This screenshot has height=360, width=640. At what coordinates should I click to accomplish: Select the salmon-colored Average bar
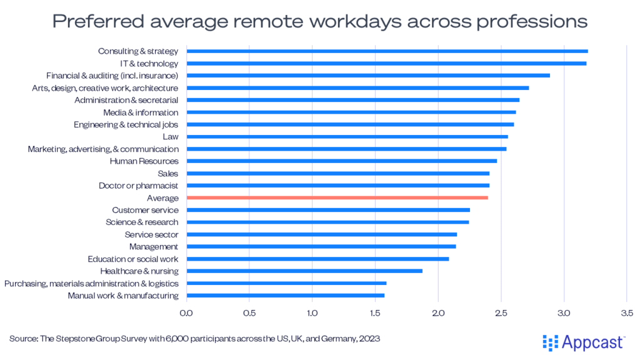pos(337,197)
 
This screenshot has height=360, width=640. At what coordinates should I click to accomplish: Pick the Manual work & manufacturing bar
pos(285,296)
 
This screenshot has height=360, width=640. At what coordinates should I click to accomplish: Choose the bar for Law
pos(347,137)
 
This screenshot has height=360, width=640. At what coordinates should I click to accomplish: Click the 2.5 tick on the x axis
pos(501,312)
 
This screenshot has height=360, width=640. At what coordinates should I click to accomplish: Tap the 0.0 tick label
pos(186,312)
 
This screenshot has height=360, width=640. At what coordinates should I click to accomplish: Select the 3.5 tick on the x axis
pos(627,312)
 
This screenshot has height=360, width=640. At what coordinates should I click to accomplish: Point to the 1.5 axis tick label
pos(375,312)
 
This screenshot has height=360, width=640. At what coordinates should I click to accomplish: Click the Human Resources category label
pos(144,161)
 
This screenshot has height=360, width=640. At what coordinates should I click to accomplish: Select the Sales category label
pos(167,173)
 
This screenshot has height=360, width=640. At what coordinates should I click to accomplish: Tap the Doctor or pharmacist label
pos(138,186)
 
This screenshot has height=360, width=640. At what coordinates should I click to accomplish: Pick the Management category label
pos(153,247)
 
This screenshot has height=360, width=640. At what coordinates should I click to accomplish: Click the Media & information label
pos(141,112)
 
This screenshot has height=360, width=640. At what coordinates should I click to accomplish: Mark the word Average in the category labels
pos(162,198)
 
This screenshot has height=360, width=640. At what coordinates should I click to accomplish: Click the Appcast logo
pos(583,342)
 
